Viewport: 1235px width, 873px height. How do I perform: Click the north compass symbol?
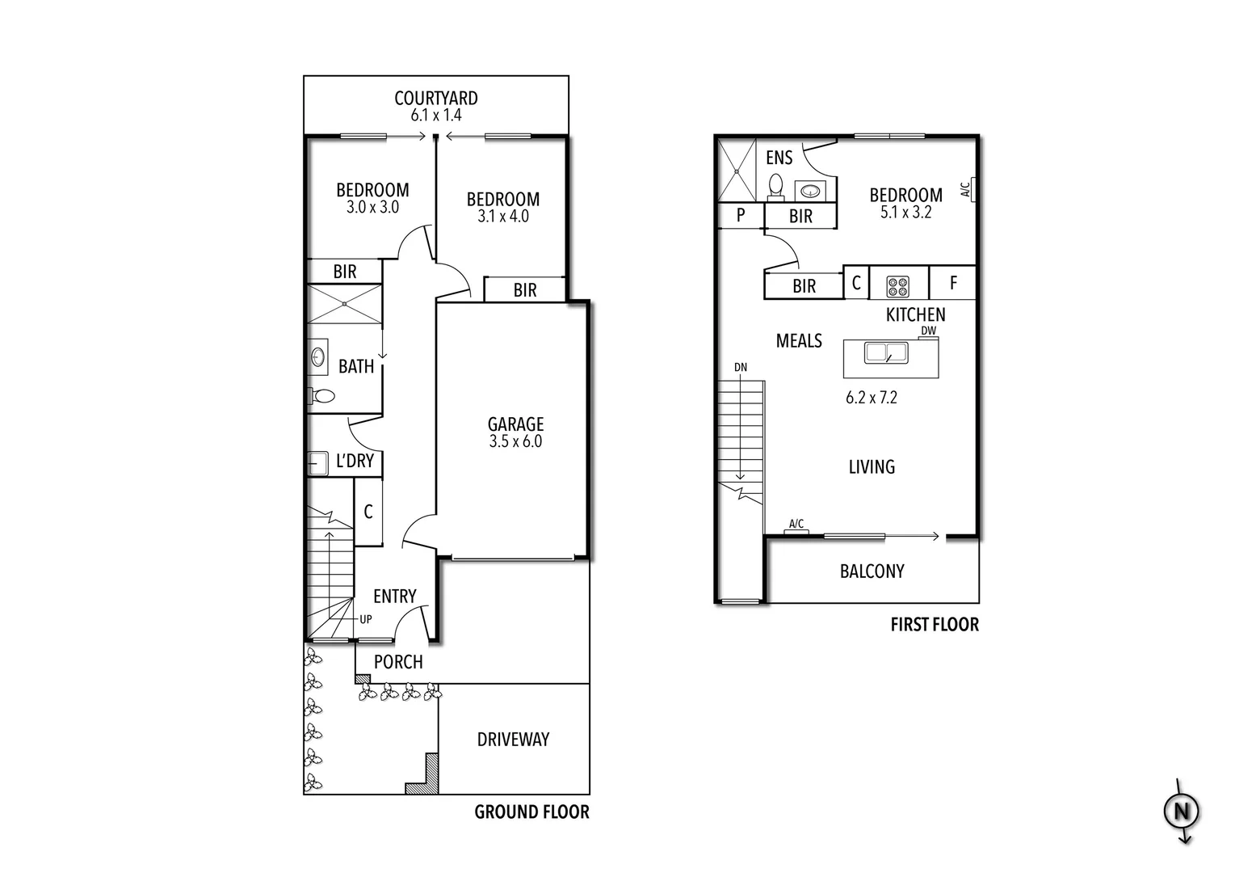pos(1181,812)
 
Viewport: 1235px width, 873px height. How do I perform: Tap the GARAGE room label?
pos(515,424)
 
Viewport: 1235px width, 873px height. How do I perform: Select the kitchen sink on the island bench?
pos(886,353)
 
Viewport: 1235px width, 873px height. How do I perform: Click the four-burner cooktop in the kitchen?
pos(897,285)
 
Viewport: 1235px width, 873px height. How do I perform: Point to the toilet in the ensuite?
pos(775,187)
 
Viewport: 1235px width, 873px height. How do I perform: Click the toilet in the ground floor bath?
pos(321,396)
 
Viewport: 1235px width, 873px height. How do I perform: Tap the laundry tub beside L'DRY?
pos(317,463)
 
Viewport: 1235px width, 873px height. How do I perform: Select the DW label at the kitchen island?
pos(928,331)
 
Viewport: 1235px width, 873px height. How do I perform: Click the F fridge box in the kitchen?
pos(953,283)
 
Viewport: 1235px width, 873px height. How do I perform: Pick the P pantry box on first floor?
pos(741,216)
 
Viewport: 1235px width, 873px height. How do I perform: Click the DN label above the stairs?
pos(741,368)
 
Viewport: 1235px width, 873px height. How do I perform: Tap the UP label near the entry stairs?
pos(366,620)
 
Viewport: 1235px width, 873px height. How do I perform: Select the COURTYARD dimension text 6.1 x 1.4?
pos(436,116)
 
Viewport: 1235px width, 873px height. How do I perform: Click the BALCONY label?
pos(872,571)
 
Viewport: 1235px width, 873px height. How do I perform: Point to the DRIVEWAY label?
pos(513,740)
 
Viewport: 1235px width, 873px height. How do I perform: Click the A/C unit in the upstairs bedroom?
pos(972,189)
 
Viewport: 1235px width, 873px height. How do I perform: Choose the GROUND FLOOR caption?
pos(531,812)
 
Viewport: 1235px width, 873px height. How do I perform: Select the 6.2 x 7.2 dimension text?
pos(872,398)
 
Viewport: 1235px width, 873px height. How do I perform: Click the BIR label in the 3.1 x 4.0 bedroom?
pos(525,290)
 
